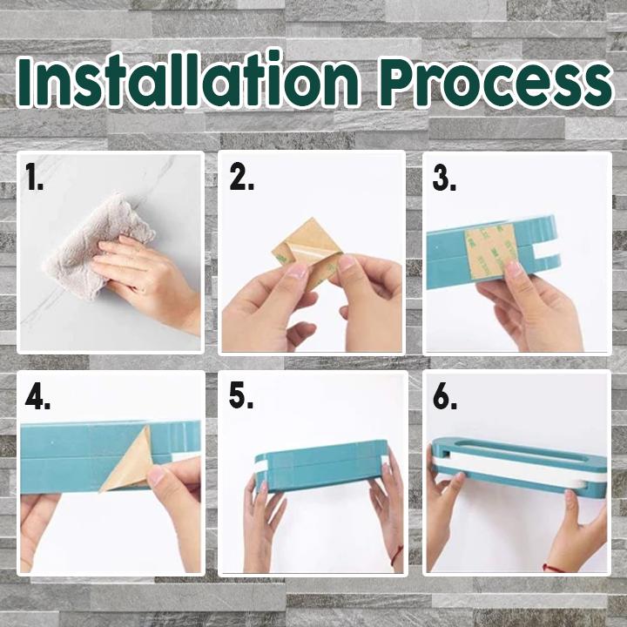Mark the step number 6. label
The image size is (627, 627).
pos(447,397)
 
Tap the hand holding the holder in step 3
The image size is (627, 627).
pos(531,305)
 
